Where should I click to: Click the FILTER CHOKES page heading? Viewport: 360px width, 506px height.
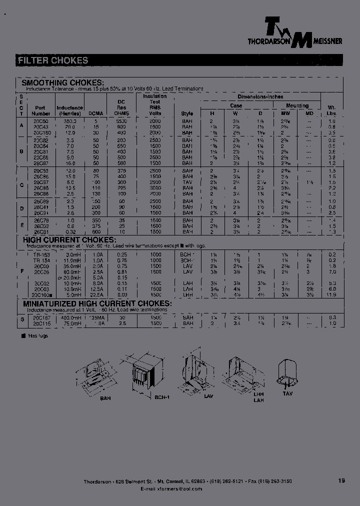53,60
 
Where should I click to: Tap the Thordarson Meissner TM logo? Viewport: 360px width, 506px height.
295,31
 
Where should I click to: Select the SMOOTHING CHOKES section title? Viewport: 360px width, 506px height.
62,82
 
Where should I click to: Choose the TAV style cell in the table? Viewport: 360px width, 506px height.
187,182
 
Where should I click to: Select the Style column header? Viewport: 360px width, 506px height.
187,113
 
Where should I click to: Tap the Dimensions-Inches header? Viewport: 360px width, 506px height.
260,96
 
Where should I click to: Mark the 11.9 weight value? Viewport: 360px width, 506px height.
330,295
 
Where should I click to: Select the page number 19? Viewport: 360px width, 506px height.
341,481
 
